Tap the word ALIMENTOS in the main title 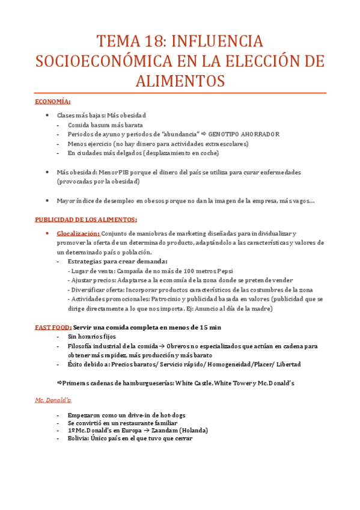pyautogui.click(x=180, y=81)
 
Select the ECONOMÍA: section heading pyautogui.click(x=53, y=101)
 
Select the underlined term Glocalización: pyautogui.click(x=78, y=233)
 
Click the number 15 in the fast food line pyautogui.click(x=203, y=327)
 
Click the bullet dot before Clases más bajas pyautogui.click(x=47, y=115)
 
